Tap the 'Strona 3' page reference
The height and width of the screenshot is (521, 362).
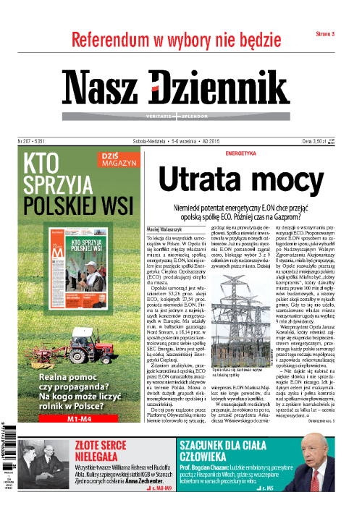pos(329,35)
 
